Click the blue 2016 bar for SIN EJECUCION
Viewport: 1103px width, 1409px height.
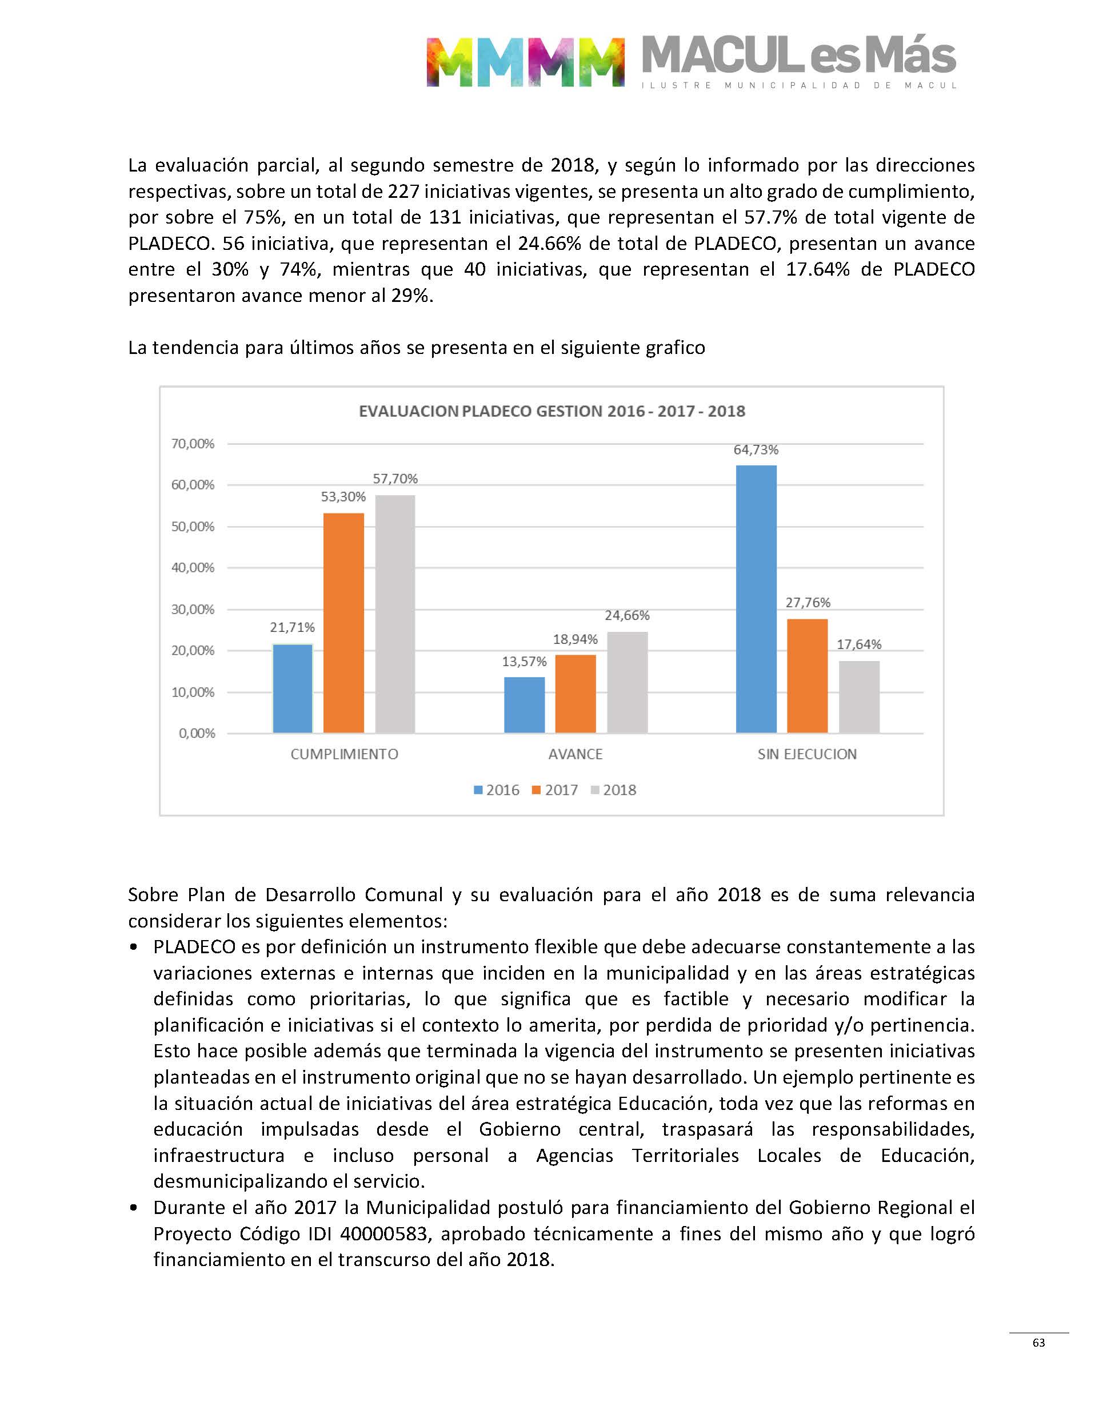(x=756, y=599)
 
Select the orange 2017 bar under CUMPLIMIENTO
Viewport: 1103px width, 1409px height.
(x=343, y=623)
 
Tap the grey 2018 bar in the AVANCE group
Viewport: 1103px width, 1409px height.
(x=627, y=682)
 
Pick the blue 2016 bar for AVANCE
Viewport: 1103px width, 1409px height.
(x=525, y=705)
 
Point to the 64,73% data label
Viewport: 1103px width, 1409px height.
(x=756, y=449)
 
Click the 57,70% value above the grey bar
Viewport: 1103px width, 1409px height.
(x=395, y=479)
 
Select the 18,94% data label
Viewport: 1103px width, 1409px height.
(x=575, y=639)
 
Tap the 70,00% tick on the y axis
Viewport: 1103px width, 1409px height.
(x=193, y=444)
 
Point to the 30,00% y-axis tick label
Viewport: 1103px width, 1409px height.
(x=193, y=609)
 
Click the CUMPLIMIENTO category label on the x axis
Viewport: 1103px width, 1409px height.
(x=344, y=754)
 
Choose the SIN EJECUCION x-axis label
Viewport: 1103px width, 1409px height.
(x=807, y=754)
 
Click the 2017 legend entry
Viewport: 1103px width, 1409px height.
(x=555, y=790)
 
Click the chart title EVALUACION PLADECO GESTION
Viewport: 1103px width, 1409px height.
(x=551, y=412)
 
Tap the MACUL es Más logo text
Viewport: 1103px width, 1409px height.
(x=798, y=57)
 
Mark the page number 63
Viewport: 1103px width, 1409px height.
(x=1038, y=1343)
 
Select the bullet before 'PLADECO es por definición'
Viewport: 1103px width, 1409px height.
(x=134, y=948)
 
